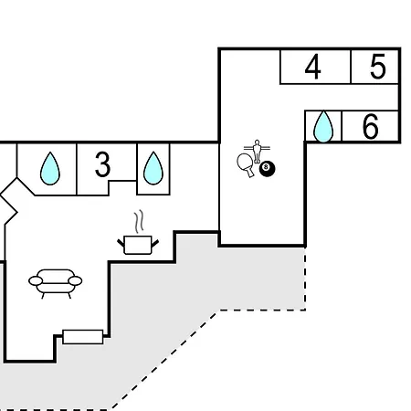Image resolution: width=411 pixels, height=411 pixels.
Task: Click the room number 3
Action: point(102,164)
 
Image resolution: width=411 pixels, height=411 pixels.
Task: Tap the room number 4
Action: point(312,67)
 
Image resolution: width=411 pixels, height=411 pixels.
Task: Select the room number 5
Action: point(378,67)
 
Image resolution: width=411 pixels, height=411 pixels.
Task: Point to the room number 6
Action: point(371,126)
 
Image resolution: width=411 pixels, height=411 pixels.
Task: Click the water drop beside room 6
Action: point(323,127)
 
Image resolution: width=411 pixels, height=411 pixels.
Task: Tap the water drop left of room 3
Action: point(50,169)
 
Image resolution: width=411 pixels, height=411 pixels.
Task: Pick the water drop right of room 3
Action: point(153,168)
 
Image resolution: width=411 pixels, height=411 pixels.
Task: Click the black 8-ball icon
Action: point(267,168)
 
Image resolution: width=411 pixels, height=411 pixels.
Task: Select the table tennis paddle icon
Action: point(246,164)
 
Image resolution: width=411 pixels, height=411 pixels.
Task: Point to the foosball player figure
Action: point(258,152)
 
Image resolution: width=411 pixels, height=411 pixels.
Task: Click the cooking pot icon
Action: point(138,245)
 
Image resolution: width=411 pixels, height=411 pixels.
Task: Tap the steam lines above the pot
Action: point(139,221)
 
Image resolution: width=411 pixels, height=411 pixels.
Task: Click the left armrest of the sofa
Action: point(36,281)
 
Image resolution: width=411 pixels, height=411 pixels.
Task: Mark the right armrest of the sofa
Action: point(75,280)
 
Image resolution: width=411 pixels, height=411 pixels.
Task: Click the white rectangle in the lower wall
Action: point(83,337)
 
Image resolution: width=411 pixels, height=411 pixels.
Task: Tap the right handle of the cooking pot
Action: point(155,243)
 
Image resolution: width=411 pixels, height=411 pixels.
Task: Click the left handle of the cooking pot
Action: point(121,243)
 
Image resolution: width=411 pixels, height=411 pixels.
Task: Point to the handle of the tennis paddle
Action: point(250,173)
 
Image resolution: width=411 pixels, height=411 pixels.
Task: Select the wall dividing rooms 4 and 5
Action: point(351,67)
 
